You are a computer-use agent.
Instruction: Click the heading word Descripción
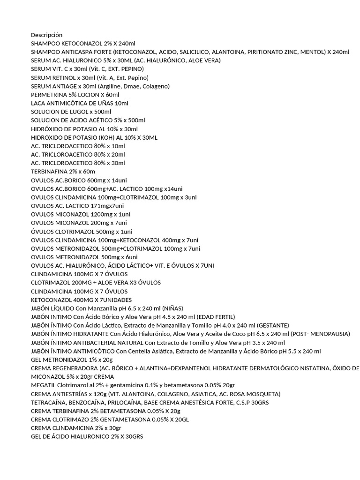pos(46,35)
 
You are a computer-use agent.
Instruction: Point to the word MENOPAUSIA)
pos(329,334)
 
